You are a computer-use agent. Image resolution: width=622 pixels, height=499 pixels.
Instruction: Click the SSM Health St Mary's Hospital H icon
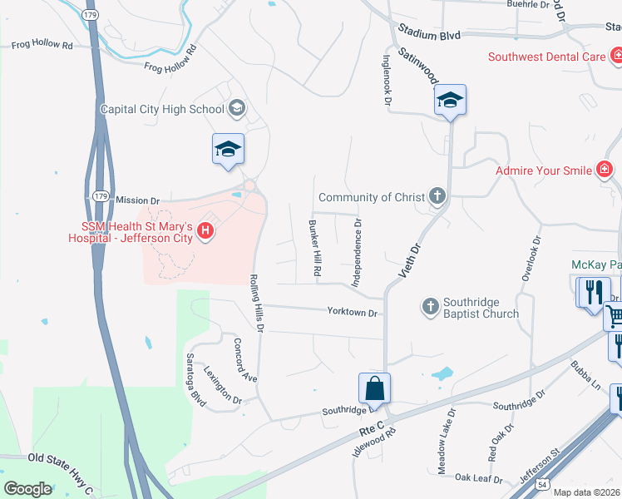pyautogui.click(x=205, y=232)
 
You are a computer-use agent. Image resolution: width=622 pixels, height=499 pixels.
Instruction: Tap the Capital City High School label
pyautogui.click(x=161, y=109)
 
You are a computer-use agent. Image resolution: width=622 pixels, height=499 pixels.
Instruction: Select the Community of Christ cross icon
pyautogui.click(x=437, y=197)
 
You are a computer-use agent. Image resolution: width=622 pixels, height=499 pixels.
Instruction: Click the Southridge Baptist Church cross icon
pyautogui.click(x=431, y=307)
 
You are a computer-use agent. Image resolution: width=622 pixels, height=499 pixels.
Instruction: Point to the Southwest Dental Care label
pyautogui.click(x=545, y=57)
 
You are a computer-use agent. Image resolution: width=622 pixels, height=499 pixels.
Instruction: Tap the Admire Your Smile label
pyautogui.click(x=542, y=170)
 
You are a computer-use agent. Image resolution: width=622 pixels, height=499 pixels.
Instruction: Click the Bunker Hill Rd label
pyautogui.click(x=314, y=249)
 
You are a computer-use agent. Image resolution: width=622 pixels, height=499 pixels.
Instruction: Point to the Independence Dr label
pyautogui.click(x=358, y=253)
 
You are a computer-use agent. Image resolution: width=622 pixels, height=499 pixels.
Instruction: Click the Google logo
pyautogui.click(x=27, y=488)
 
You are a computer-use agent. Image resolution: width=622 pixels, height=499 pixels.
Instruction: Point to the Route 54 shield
pyautogui.click(x=542, y=483)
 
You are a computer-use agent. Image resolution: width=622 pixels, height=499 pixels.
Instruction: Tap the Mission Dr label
pyautogui.click(x=136, y=200)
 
